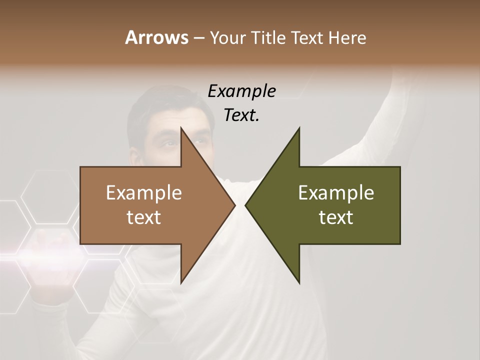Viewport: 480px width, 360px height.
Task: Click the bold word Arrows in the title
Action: click(156, 37)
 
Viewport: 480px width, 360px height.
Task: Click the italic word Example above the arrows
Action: click(241, 91)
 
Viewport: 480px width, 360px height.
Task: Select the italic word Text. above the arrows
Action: click(241, 115)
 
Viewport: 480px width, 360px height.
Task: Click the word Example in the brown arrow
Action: click(143, 192)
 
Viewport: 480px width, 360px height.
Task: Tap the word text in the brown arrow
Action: click(143, 217)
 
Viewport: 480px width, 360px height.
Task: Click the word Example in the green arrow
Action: click(336, 192)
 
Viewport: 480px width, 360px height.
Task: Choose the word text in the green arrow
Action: click(336, 217)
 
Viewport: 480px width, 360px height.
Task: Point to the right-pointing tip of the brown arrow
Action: click(234, 205)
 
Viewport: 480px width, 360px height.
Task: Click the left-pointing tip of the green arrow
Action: click(245, 205)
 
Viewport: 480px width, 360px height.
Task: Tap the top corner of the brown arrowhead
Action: click(181, 128)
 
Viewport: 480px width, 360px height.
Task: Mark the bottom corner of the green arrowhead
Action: click(299, 282)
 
